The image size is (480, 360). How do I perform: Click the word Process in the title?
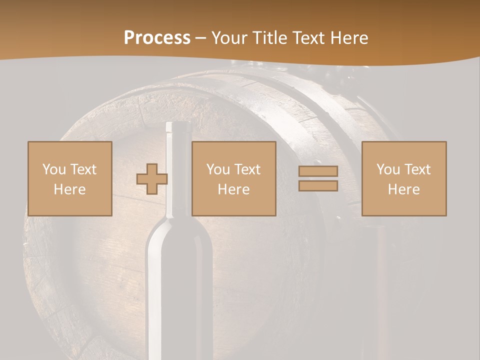click(157, 38)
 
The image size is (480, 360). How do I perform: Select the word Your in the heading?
click(230, 38)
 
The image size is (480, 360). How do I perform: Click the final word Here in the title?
click(350, 38)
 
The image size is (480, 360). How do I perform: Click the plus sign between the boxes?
click(152, 179)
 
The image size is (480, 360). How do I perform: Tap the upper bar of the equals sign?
click(318, 171)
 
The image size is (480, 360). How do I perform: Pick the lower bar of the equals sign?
click(318, 186)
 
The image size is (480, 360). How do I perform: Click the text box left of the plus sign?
click(70, 178)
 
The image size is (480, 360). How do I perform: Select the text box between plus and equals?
click(234, 178)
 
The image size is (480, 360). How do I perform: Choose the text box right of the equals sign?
click(404, 178)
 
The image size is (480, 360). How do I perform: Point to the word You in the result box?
click(388, 169)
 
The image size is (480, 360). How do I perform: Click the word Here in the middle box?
click(234, 189)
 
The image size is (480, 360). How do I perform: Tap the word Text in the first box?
click(84, 169)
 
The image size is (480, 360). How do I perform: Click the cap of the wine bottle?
click(179, 127)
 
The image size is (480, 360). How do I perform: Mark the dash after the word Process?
click(200, 38)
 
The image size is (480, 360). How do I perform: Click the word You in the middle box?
click(218, 169)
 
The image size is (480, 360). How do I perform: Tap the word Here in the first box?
click(70, 189)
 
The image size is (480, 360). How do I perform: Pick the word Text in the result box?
click(418, 169)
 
